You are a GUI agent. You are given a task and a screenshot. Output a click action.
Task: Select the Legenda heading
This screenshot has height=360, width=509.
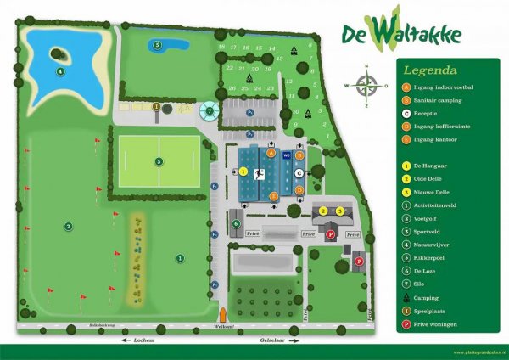430,70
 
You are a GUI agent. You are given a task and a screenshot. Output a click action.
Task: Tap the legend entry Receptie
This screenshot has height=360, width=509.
437,113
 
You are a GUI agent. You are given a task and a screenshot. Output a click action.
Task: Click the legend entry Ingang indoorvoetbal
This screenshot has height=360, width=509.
445,87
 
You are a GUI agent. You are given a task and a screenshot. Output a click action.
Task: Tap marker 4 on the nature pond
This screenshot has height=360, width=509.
60,71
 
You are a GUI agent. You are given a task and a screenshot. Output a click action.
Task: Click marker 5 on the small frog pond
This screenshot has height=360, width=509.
157,45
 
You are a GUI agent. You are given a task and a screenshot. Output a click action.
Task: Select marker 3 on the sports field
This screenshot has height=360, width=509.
159,160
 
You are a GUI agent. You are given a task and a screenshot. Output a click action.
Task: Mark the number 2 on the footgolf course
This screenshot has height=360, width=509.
67,226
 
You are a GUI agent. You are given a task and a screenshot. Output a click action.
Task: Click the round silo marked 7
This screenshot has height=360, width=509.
209,110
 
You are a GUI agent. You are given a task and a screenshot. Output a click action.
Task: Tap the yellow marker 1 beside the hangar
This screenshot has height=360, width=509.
243,172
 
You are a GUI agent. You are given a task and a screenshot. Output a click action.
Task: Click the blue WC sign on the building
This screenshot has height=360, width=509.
286,156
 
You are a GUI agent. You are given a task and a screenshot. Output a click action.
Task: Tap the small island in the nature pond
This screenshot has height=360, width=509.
58,53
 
